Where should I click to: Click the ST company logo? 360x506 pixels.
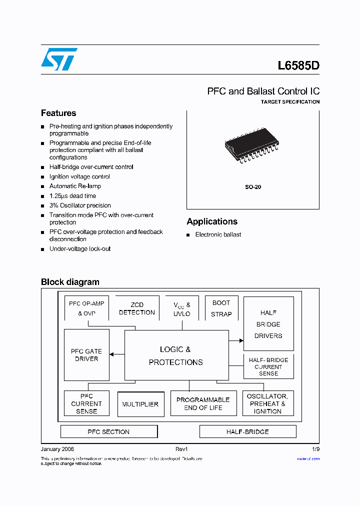(x=59, y=59)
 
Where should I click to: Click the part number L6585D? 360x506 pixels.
(x=298, y=65)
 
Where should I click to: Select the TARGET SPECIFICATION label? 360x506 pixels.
(x=290, y=102)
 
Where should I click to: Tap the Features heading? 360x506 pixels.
(x=58, y=113)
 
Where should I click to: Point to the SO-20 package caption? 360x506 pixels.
(x=252, y=187)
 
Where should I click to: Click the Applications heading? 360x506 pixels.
(x=212, y=221)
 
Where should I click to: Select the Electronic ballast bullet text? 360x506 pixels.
(x=218, y=234)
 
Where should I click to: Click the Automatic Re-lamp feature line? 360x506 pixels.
(x=75, y=186)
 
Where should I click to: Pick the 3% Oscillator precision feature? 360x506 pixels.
(x=80, y=205)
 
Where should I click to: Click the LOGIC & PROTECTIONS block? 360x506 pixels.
(x=176, y=355)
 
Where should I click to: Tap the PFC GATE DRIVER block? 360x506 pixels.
(x=86, y=355)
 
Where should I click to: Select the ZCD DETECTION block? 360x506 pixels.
(x=137, y=308)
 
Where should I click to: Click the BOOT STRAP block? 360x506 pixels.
(x=221, y=308)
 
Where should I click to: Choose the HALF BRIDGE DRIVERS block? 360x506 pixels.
(x=268, y=324)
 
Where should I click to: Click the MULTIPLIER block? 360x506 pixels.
(x=140, y=404)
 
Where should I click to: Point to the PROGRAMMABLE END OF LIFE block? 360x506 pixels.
(x=203, y=403)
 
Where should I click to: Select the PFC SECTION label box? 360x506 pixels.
(x=108, y=431)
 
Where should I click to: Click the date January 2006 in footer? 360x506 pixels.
(x=57, y=449)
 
